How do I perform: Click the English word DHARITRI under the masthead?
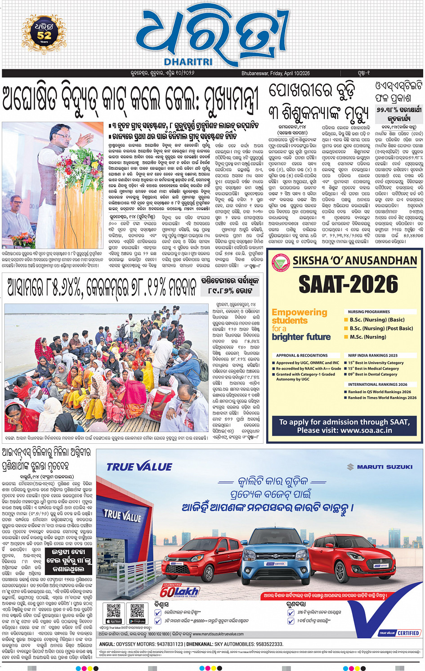pos(188,62)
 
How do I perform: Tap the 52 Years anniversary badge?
pos(44,32)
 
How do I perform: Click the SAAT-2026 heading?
pos(348,284)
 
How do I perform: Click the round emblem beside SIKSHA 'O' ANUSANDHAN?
pos(281,261)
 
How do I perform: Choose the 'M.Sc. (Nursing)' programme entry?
pos(367,337)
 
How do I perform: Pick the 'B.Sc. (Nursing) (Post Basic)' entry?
pos(381,328)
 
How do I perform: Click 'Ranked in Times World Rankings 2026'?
pos(382,397)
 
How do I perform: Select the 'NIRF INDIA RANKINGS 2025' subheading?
pos(372,355)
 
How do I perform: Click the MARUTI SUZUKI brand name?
pos(385,467)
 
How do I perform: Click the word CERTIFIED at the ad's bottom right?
pos(408,633)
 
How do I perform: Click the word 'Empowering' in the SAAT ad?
pos(300,312)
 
